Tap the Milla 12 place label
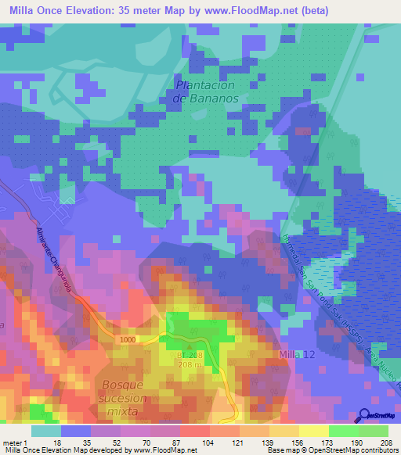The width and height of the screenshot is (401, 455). pos(297,356)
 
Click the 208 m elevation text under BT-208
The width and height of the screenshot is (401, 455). pos(186,364)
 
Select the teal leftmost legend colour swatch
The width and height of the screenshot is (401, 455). pos(45,431)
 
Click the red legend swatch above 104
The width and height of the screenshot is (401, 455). pos(194,431)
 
